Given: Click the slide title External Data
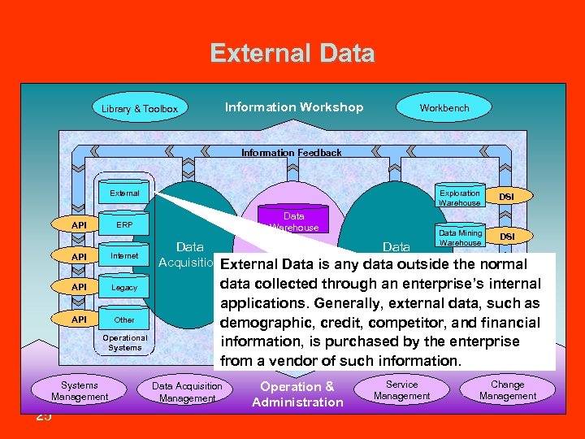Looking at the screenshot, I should click(292, 54).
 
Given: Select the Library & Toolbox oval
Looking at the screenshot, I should click(140, 109).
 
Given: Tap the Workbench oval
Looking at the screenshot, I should click(444, 107).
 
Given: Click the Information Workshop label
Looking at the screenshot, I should click(294, 107).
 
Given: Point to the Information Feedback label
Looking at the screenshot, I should click(291, 152).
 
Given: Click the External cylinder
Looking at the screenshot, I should click(124, 193).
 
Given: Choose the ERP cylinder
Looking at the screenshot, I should click(124, 225).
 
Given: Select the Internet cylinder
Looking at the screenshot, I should click(124, 256).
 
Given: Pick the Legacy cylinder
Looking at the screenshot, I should click(124, 288).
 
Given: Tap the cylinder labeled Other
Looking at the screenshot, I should click(124, 319).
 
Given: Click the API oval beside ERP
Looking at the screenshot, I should click(79, 225).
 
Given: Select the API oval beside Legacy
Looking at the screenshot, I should click(79, 288).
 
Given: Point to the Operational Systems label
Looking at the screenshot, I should click(124, 342).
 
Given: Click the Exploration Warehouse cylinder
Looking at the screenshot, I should click(460, 197).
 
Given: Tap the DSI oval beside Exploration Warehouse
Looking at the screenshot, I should click(506, 197).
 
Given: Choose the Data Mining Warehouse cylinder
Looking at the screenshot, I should click(460, 237).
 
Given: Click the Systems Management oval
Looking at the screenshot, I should click(80, 391).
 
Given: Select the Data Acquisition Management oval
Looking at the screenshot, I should click(187, 392).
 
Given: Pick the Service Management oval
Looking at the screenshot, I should click(401, 390).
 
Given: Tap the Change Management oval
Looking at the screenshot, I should click(508, 390).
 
